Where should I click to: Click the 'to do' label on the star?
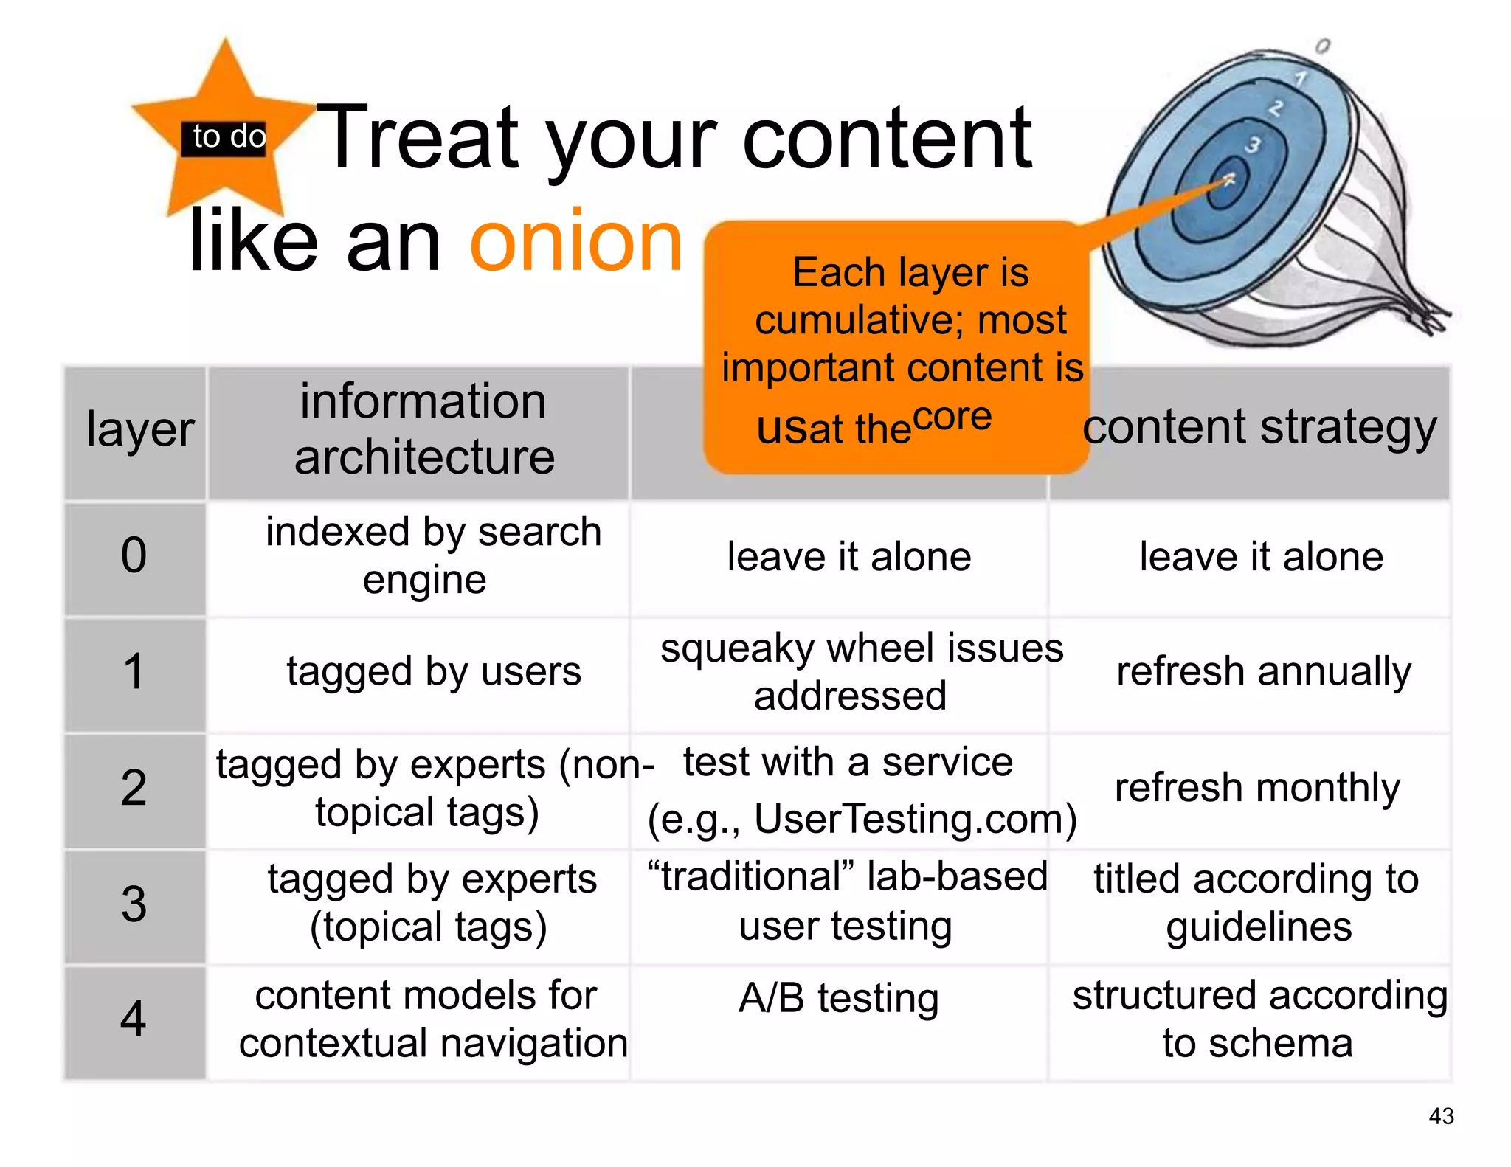click(x=228, y=137)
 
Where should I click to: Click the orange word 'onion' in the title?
click(x=576, y=241)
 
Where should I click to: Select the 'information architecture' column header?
click(x=423, y=429)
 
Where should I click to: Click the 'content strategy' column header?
click(x=1259, y=428)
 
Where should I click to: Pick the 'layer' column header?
click(x=139, y=429)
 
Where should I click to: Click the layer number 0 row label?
click(x=134, y=555)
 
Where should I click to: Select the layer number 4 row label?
click(x=134, y=1019)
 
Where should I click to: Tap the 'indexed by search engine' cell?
click(x=433, y=555)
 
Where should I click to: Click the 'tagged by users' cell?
click(x=434, y=672)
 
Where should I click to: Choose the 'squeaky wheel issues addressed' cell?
click(x=861, y=672)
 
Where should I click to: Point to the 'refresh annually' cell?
click(x=1263, y=672)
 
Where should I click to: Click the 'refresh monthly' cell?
click(x=1257, y=788)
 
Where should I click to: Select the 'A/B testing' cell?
click(x=839, y=999)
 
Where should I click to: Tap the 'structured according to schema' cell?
click(x=1259, y=1019)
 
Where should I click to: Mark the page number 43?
click(x=1441, y=1116)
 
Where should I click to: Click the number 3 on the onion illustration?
click(x=1253, y=145)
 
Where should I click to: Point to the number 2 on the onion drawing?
click(x=1276, y=108)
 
